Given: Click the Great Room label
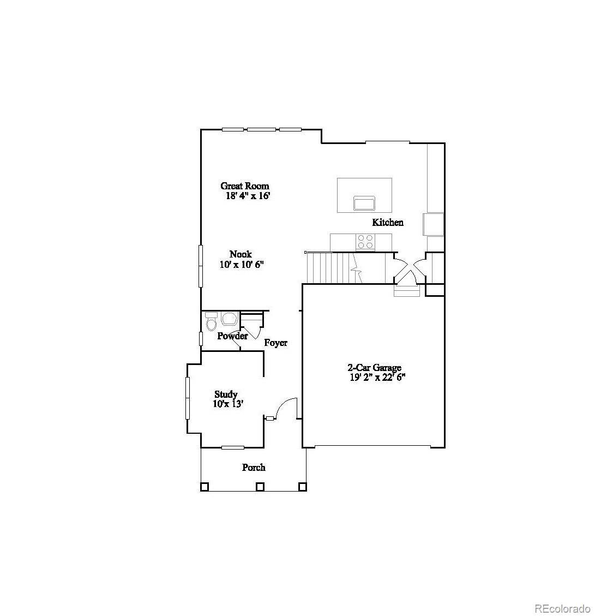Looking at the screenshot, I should [244, 186].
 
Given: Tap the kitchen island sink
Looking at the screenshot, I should [364, 203].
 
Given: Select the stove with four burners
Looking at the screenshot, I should [365, 241].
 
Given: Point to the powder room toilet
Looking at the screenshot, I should [211, 322].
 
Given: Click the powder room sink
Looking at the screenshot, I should [230, 318].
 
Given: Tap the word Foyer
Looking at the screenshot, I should [275, 343].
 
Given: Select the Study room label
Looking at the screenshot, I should [226, 394].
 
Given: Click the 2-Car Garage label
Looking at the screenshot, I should [375, 368].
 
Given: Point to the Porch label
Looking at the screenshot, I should [254, 467].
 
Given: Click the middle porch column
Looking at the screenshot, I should [260, 486].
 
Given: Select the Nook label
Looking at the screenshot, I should [241, 254].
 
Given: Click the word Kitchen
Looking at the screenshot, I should [388, 222].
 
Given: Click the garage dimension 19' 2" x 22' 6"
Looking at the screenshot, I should [377, 377].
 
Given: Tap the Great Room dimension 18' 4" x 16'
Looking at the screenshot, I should [248, 195].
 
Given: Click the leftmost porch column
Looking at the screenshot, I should [205, 486].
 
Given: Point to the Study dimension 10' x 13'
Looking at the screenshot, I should [227, 404].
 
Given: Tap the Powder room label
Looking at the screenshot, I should [232, 336].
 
